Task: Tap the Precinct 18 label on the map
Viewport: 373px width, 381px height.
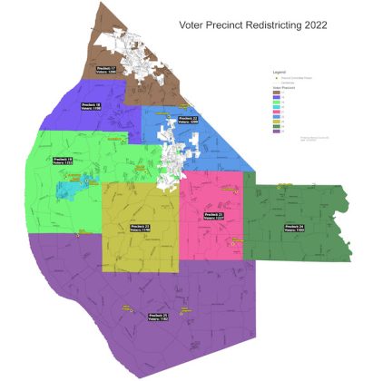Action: [92, 107]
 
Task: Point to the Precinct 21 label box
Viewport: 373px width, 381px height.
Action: [214, 215]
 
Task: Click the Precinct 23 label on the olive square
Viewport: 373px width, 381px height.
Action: [141, 228]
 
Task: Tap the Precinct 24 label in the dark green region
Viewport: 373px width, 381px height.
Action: [293, 228]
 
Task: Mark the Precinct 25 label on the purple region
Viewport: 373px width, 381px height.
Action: [159, 317]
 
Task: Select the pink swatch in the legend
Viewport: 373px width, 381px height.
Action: [277, 116]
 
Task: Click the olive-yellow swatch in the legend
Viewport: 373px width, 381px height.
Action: [277, 122]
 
